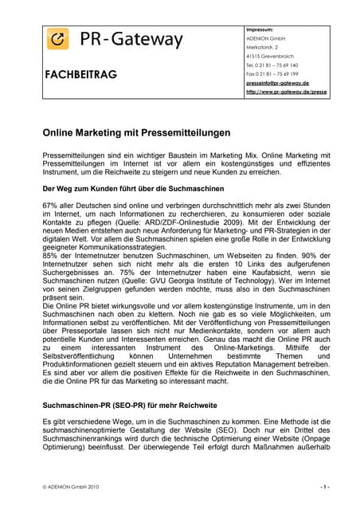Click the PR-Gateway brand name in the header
[x=131, y=38]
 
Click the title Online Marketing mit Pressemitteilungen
[x=136, y=132]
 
